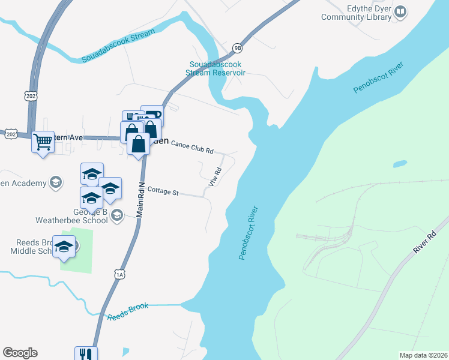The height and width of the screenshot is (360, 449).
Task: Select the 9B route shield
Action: pyautogui.click(x=238, y=48)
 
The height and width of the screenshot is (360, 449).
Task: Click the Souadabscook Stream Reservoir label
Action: pyautogui.click(x=217, y=68)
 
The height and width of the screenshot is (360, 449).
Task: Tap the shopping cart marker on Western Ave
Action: pyautogui.click(x=43, y=142)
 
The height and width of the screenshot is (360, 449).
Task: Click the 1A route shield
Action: pyautogui.click(x=120, y=274)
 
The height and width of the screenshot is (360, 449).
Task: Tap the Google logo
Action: pyautogui.click(x=20, y=353)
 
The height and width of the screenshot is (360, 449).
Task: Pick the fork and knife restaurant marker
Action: pyautogui.click(x=86, y=354)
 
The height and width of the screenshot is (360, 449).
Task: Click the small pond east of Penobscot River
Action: pyautogui.click(x=400, y=164)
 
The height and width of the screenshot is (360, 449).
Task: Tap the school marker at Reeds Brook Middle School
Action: pyautogui.click(x=64, y=247)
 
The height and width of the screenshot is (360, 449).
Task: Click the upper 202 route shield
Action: pyautogui.click(x=31, y=95)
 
